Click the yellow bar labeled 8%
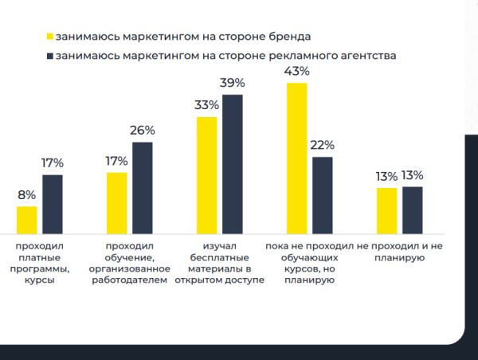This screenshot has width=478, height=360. (26, 218)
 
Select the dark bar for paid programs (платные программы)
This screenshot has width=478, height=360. (52, 202)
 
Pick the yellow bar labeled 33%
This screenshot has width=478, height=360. (206, 174)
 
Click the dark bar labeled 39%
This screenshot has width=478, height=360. (232, 162)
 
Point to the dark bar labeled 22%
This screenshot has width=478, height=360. (323, 194)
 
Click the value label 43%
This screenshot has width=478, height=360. (296, 72)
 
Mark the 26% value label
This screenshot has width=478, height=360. (142, 131)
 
